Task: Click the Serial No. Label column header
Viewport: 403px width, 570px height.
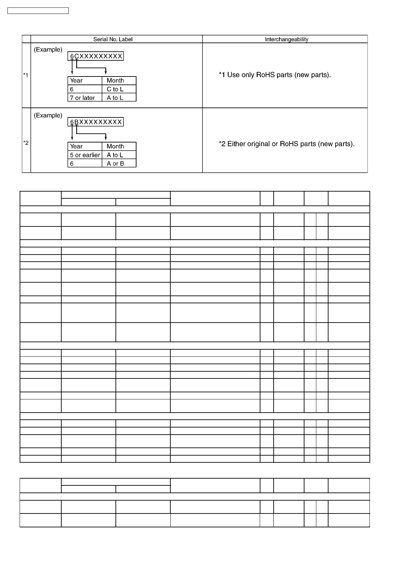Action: click(x=113, y=39)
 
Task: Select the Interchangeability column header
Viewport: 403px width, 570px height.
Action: click(x=287, y=39)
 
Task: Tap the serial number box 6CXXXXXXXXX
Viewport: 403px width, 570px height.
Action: click(x=96, y=56)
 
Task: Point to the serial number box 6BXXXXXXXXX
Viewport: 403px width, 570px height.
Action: click(x=96, y=122)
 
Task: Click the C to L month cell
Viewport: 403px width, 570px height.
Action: click(x=115, y=89)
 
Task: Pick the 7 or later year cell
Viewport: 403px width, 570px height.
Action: click(x=83, y=98)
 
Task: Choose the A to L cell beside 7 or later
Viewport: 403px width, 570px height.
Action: click(x=115, y=98)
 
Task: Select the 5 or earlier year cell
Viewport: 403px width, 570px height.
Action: click(x=85, y=155)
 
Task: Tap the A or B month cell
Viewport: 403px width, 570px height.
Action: click(x=115, y=163)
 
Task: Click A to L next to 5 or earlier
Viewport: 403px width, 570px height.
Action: click(x=115, y=155)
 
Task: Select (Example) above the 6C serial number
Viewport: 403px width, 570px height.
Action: click(x=48, y=50)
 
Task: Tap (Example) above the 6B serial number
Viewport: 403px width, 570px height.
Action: click(x=48, y=115)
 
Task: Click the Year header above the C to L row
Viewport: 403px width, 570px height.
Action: click(x=76, y=81)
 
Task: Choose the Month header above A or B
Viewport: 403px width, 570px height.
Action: click(x=115, y=146)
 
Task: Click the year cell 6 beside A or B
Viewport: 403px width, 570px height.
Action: click(x=72, y=163)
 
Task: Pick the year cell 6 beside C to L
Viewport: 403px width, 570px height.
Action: click(x=72, y=89)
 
